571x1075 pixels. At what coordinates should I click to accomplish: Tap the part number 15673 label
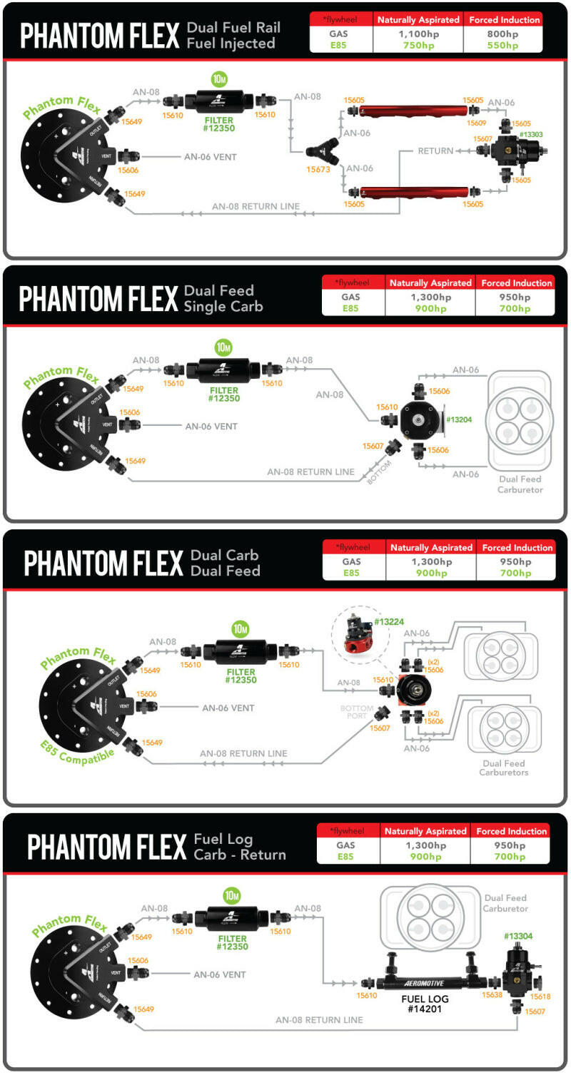coord(318,170)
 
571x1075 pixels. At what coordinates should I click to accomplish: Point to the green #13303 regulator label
coord(532,134)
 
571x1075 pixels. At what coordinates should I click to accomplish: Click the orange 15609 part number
coord(476,123)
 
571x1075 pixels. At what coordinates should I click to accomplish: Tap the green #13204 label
coord(459,419)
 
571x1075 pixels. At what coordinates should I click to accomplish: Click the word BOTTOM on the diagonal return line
coord(378,473)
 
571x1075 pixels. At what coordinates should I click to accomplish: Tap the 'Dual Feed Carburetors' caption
coord(504,768)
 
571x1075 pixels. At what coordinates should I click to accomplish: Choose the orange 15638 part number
coord(492,994)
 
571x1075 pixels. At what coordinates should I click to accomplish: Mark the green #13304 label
coord(518,936)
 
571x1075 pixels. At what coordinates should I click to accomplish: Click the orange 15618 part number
coord(540,996)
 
